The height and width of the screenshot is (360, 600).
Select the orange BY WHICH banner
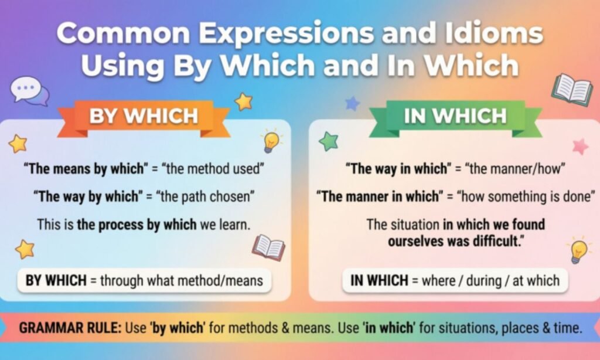[x=144, y=117]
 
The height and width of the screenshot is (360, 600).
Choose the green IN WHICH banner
[x=455, y=117]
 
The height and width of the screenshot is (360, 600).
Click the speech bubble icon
[x=29, y=91]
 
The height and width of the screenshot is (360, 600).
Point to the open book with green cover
[x=572, y=90]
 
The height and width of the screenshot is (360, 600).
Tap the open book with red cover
[x=268, y=247]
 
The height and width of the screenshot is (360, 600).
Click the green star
[x=329, y=141]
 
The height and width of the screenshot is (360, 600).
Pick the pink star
[x=581, y=147]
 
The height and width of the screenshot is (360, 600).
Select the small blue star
[x=352, y=103]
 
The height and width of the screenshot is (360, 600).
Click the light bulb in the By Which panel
[x=271, y=141]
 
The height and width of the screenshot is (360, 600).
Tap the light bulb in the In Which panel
[x=578, y=250]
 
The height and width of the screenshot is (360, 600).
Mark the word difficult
[x=498, y=242]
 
